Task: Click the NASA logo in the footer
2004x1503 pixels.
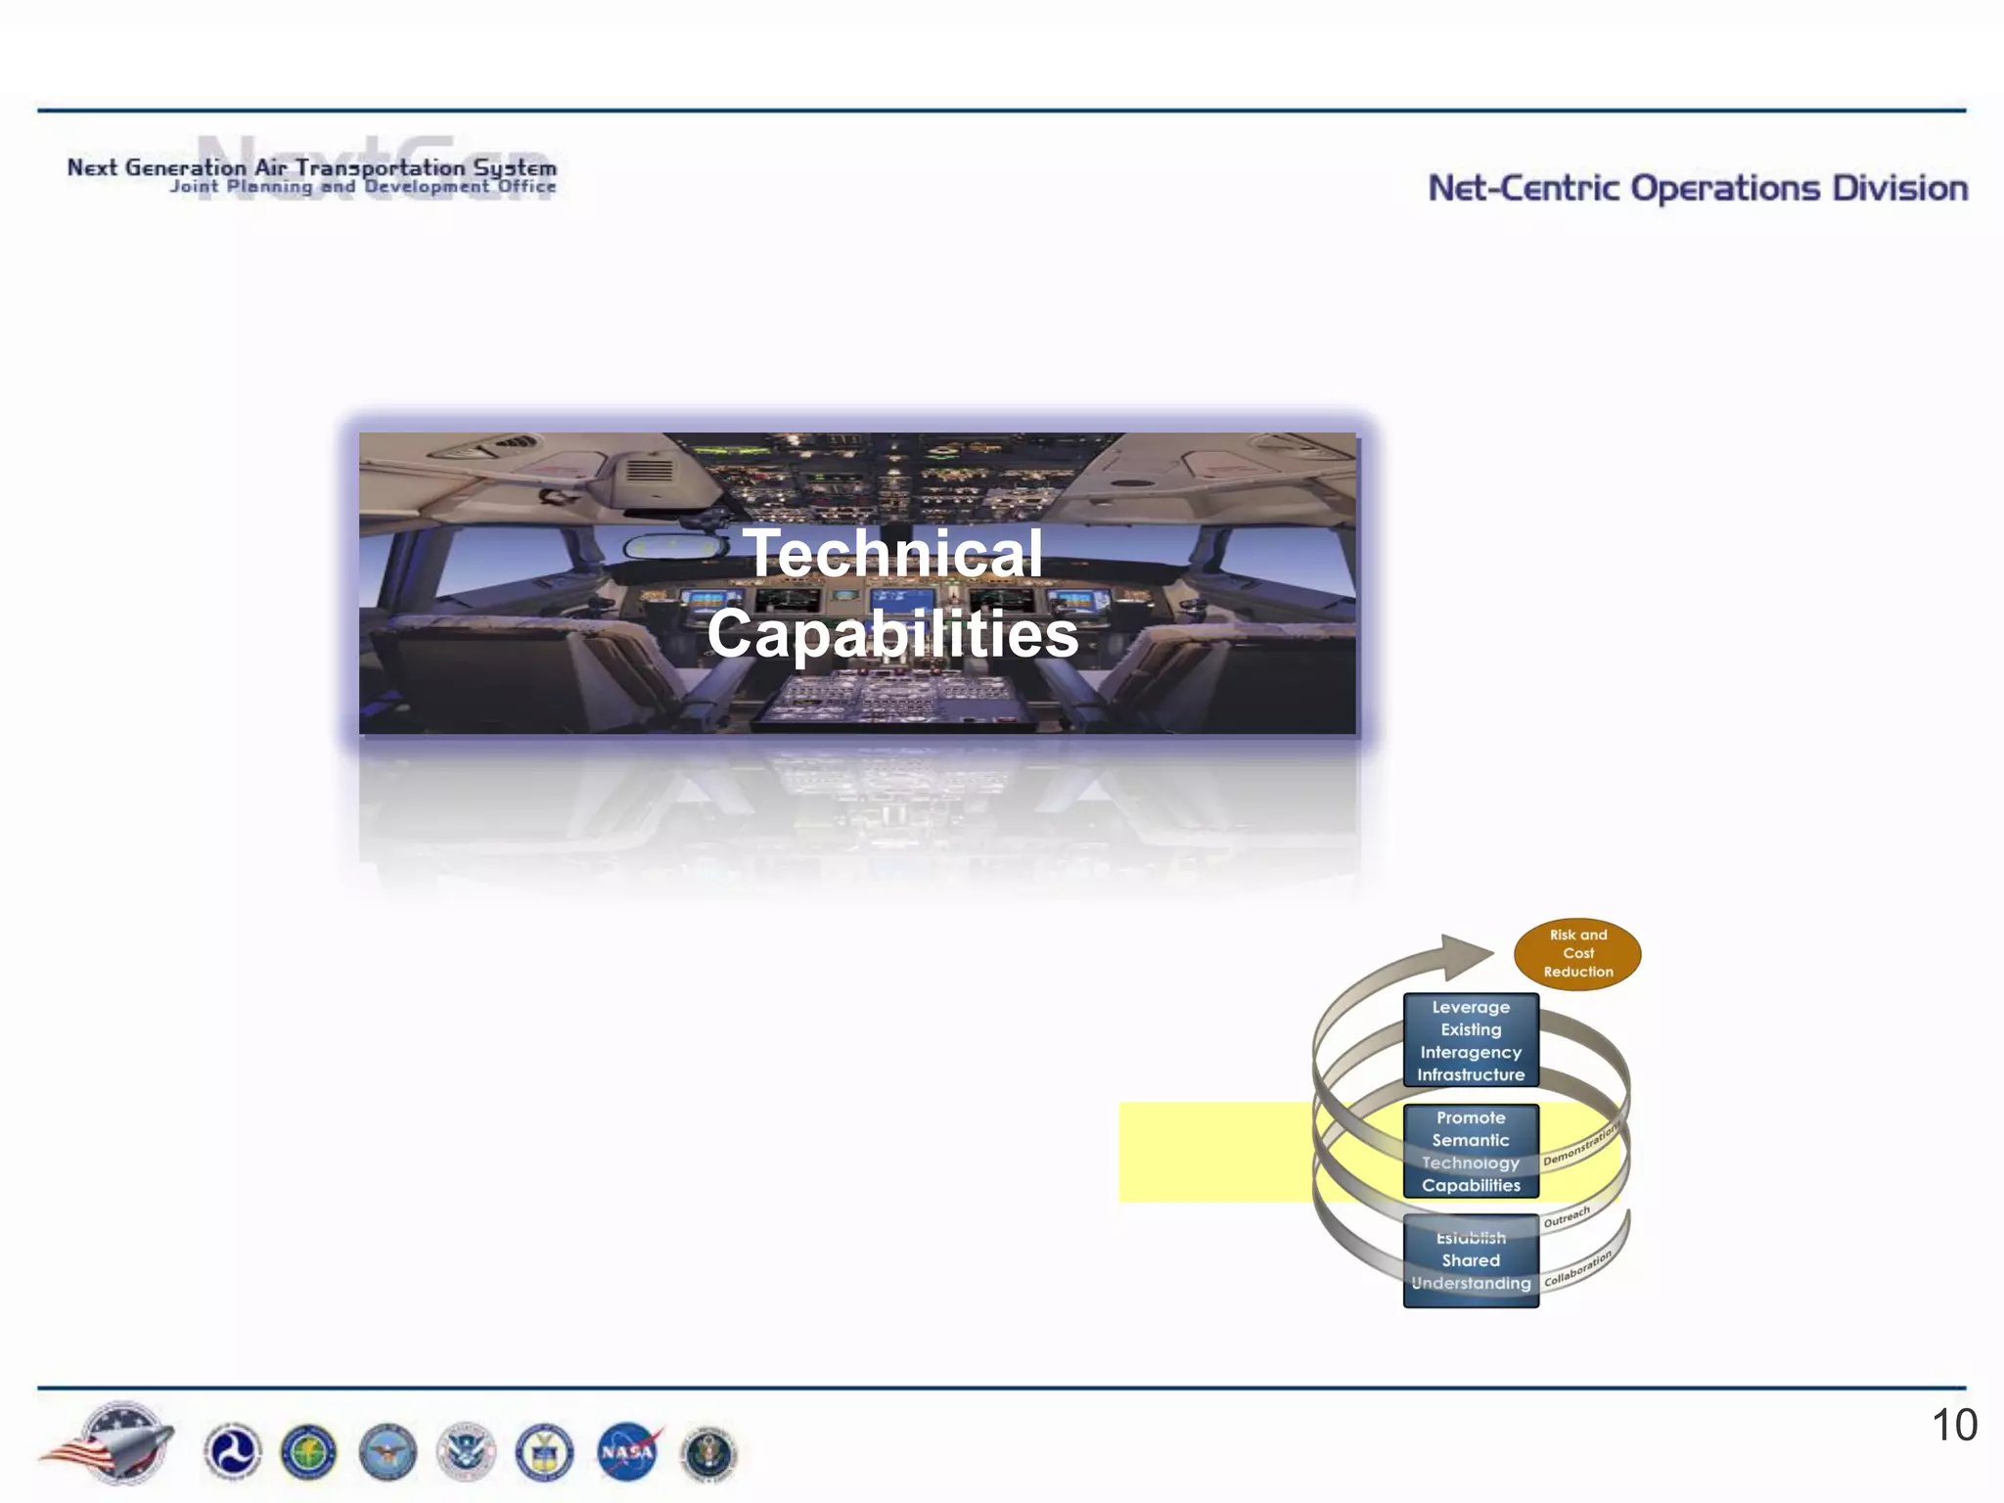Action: pyautogui.click(x=628, y=1451)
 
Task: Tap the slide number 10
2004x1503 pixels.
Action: pyautogui.click(x=1954, y=1426)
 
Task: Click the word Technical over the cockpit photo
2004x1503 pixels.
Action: pyautogui.click(x=892, y=554)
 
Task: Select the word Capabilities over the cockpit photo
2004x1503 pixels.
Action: pyautogui.click(x=892, y=634)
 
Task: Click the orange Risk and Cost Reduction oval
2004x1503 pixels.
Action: pyautogui.click(x=1577, y=954)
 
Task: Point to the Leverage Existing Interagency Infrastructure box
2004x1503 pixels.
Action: pyautogui.click(x=1471, y=1040)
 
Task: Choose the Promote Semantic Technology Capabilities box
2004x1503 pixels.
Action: pyautogui.click(x=1471, y=1151)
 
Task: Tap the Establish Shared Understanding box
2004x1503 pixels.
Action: pyautogui.click(x=1471, y=1260)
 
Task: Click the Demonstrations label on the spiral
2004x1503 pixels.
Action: pyautogui.click(x=1580, y=1144)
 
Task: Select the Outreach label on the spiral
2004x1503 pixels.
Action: pyautogui.click(x=1567, y=1217)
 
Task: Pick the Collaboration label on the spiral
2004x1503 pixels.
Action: pyautogui.click(x=1577, y=1269)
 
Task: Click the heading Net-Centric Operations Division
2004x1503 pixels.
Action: pyautogui.click(x=1698, y=188)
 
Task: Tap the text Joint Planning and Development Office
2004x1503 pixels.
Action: pyautogui.click(x=363, y=187)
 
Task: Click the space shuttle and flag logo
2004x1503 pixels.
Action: pyautogui.click(x=113, y=1443)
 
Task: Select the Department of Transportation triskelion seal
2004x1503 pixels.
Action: pyautogui.click(x=232, y=1451)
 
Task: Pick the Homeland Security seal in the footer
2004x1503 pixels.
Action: pyautogui.click(x=466, y=1451)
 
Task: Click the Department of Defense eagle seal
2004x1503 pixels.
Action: pyautogui.click(x=387, y=1451)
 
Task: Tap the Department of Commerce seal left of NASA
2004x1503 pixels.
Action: pyautogui.click(x=544, y=1451)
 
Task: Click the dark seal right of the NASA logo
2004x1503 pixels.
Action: pyautogui.click(x=708, y=1453)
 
